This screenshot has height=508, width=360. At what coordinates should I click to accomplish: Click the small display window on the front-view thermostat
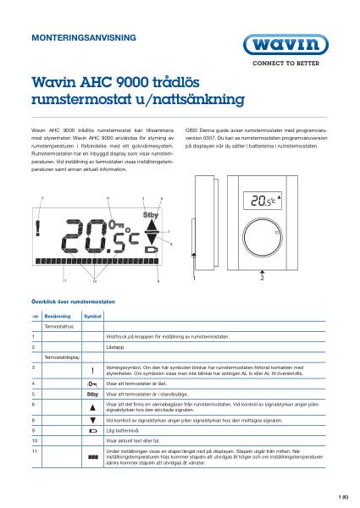click(x=263, y=201)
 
